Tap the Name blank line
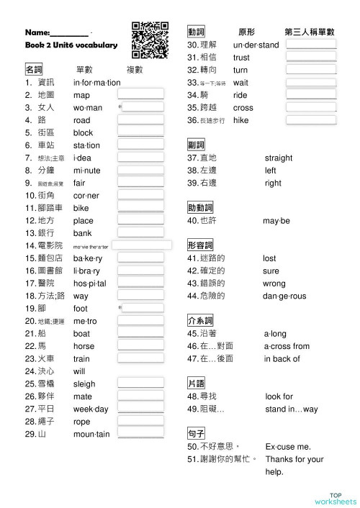[x=70, y=34]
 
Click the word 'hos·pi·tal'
[x=90, y=284]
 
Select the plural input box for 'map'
[x=140, y=95]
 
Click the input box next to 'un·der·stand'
[x=311, y=45]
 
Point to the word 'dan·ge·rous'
[x=285, y=296]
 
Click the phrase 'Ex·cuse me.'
[x=288, y=447]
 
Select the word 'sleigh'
[x=84, y=384]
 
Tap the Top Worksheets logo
[x=335, y=498]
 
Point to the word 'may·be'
[x=276, y=220]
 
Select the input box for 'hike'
[x=311, y=120]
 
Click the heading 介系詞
[x=200, y=320]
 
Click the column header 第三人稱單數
[x=310, y=32]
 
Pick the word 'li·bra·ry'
[x=89, y=271]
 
